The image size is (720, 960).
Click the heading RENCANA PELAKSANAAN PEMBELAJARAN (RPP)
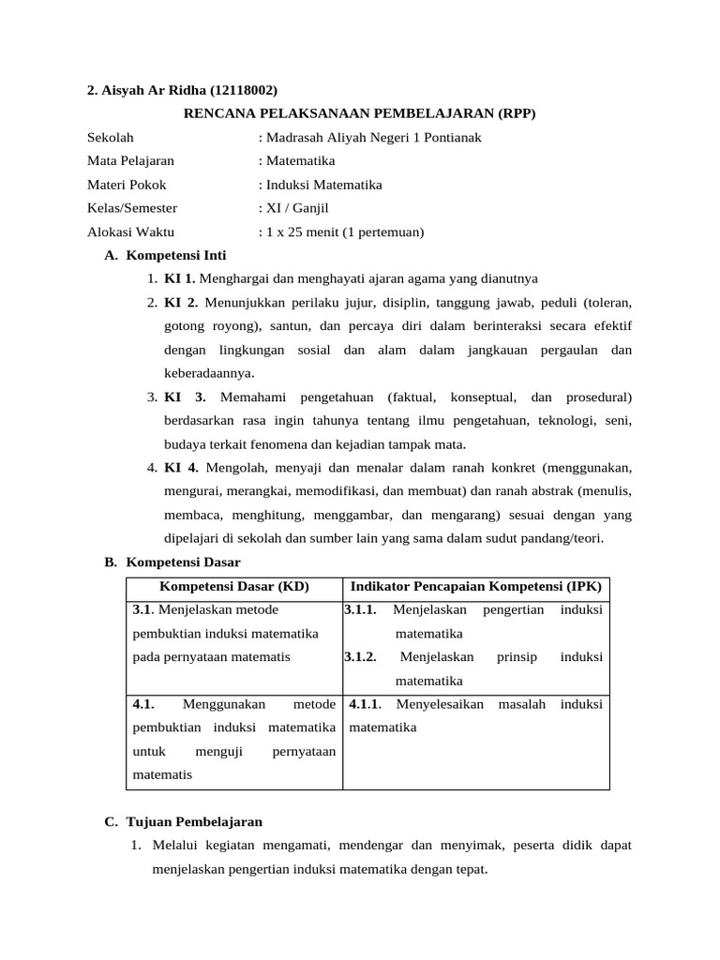point(359,113)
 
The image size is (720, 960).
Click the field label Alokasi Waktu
point(130,232)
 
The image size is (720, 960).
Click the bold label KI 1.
point(180,278)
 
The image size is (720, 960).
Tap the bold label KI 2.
point(181,303)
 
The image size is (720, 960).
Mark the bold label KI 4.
point(181,467)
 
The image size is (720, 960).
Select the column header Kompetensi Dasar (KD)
point(234,587)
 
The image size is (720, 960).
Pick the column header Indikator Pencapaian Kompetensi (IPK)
point(476,587)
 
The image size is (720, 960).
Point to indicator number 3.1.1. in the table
point(361,610)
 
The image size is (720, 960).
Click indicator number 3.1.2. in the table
point(361,657)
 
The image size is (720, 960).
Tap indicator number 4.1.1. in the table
point(367,704)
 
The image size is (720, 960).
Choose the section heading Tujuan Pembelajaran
point(194,822)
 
